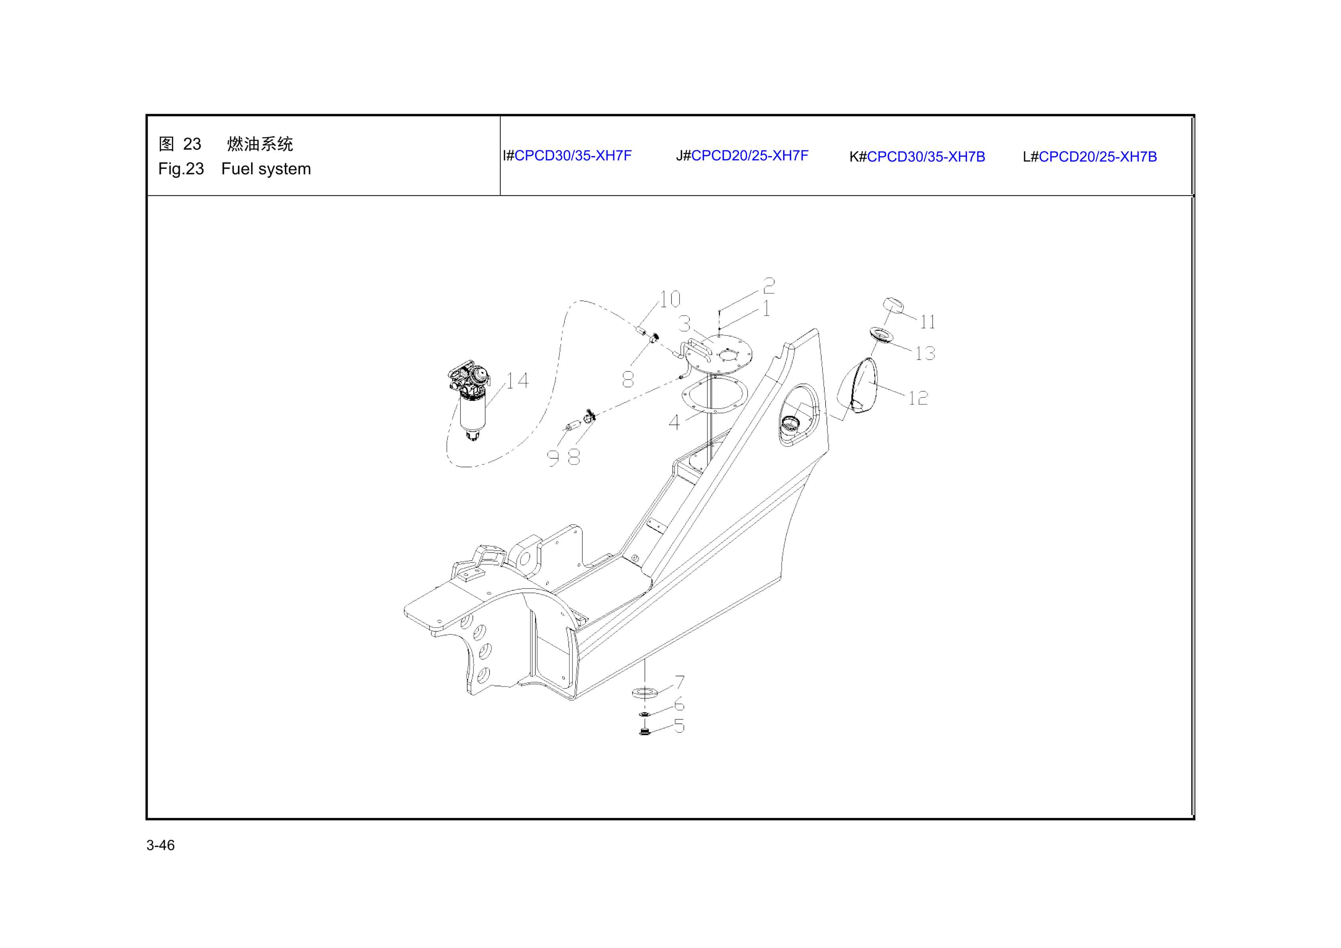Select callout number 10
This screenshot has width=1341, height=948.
[670, 299]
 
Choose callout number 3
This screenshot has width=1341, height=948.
[684, 324]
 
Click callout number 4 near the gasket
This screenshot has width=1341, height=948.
[674, 422]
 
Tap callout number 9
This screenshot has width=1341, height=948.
[553, 458]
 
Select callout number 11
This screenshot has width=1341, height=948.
[927, 322]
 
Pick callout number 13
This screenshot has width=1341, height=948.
[925, 353]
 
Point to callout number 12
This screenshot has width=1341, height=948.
[918, 398]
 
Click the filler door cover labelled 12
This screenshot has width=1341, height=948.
[858, 386]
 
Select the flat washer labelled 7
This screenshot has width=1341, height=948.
[645, 693]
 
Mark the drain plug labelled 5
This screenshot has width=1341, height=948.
[645, 731]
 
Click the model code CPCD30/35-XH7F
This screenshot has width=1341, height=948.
[573, 156]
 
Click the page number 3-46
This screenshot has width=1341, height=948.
[160, 845]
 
